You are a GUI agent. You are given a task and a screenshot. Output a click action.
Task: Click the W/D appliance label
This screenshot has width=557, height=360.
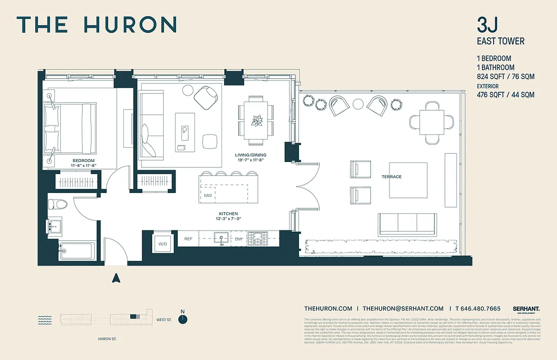[162, 243]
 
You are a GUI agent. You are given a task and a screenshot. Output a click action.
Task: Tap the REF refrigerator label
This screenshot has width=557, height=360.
[188, 239]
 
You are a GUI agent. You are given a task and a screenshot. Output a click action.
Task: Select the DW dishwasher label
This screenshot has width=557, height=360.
[239, 239]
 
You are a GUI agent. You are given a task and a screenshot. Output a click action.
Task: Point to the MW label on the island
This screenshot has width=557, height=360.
[208, 195]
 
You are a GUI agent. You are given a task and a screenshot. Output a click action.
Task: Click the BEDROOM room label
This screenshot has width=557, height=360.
[84, 161]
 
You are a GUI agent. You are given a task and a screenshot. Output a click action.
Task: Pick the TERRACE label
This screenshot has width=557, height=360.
[392, 177]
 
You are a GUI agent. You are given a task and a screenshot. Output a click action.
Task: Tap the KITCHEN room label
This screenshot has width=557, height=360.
[228, 214]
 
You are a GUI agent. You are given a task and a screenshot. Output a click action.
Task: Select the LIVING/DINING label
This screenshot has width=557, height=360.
[251, 155]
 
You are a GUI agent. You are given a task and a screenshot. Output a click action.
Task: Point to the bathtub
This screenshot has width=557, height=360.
[77, 251]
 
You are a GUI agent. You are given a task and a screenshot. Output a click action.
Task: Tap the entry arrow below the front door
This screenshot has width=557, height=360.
[116, 278]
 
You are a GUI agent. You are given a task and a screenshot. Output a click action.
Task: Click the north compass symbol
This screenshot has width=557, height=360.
[182, 319]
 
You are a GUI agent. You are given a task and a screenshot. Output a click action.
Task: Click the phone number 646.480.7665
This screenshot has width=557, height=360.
[480, 309]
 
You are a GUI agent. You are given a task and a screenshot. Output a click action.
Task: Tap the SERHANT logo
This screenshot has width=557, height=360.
[526, 309]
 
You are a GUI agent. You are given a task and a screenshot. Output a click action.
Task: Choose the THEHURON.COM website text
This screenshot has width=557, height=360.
[328, 309]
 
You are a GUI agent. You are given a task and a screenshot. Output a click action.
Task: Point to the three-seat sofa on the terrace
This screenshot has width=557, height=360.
[407, 224]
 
